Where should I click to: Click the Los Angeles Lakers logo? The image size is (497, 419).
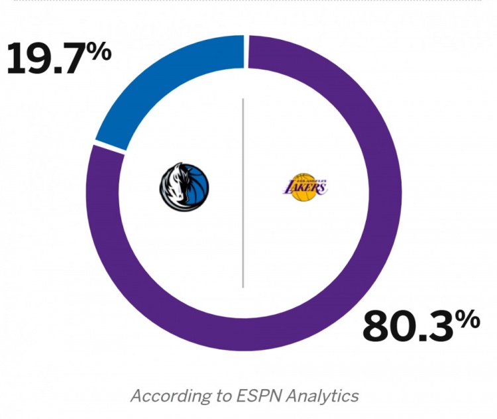(304, 188)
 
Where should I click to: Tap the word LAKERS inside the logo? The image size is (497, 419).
(304, 188)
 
